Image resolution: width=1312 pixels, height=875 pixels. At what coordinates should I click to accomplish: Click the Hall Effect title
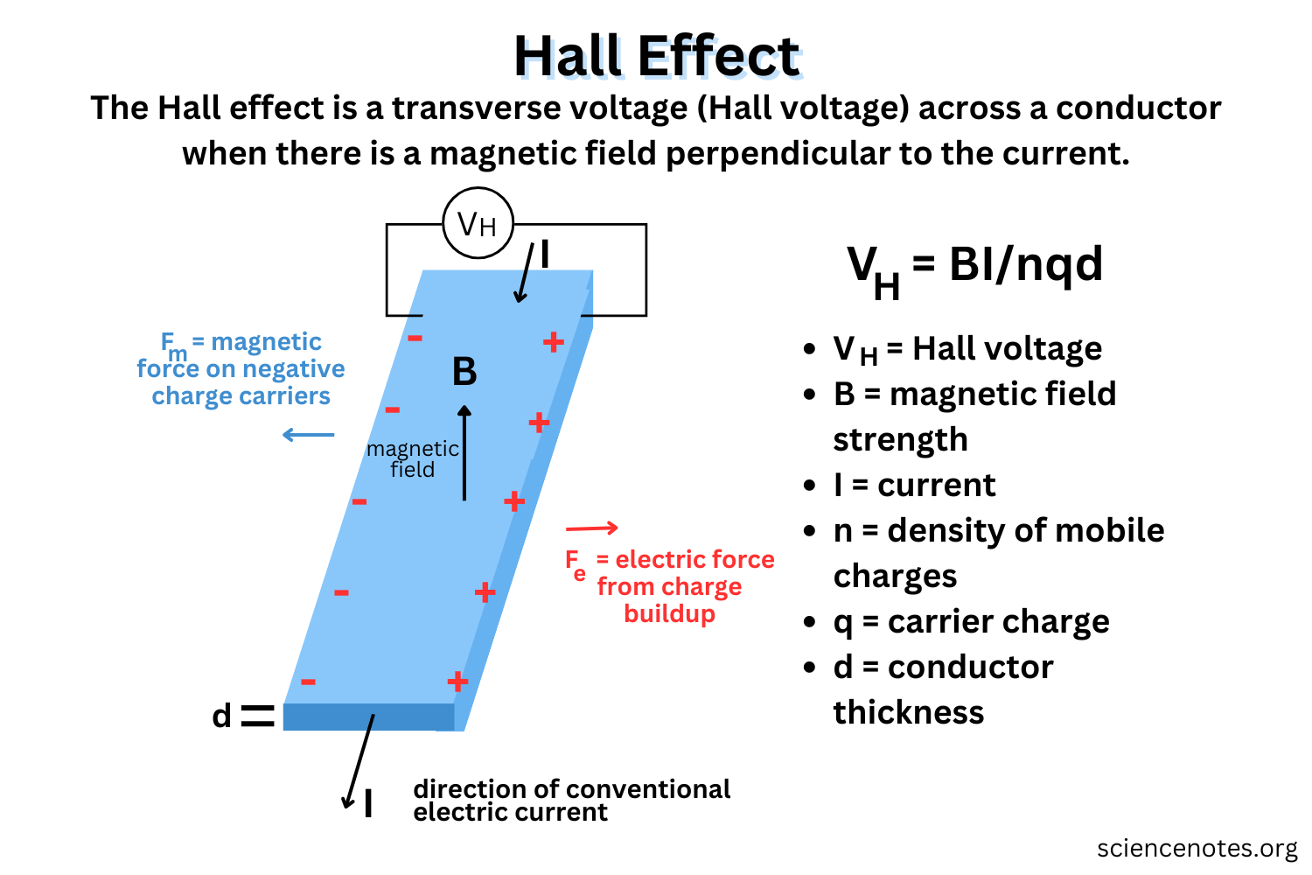coord(656,57)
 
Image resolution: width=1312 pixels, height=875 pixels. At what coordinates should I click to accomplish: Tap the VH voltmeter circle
coord(478,223)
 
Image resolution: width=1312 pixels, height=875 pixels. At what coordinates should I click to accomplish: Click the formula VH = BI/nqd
coord(974,267)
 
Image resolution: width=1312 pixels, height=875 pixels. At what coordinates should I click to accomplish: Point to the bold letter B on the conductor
coord(464,372)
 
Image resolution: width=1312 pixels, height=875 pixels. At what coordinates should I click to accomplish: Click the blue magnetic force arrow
coord(309,435)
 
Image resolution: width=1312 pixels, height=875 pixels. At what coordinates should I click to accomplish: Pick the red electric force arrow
coord(592,528)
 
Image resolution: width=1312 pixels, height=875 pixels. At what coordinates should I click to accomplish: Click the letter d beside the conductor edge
coord(222,716)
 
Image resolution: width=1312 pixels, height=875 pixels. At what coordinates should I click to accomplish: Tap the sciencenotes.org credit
coord(1197,848)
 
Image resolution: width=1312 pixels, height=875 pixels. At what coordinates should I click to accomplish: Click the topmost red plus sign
coord(553,342)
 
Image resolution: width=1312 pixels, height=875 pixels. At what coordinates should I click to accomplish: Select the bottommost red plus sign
coord(457,681)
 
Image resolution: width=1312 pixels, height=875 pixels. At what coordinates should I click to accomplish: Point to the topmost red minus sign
coord(415,338)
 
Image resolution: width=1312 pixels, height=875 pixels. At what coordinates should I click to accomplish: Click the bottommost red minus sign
coord(308,682)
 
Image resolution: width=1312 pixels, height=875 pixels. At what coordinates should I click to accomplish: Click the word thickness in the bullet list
coord(909,712)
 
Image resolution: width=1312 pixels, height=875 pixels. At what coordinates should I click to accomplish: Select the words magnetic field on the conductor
coord(413,459)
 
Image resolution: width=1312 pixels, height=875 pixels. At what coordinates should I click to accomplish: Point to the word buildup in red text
coord(669,613)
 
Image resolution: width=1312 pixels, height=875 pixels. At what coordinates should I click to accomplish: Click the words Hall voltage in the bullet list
coord(1007,349)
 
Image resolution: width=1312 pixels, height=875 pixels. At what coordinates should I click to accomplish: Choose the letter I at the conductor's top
coord(545,255)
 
